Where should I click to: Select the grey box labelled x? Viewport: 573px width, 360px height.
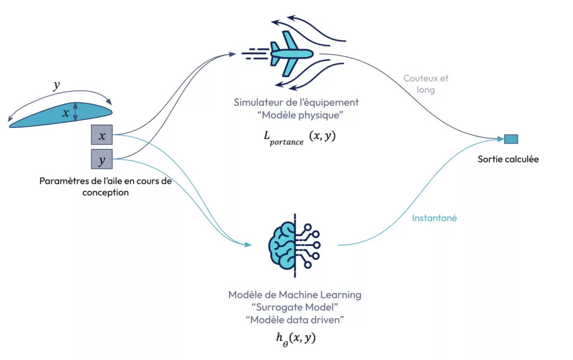coord(102,136)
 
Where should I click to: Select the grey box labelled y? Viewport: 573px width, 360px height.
coord(102,160)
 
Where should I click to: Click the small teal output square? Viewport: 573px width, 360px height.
coord(511,139)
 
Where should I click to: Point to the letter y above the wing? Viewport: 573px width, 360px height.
coord(57,85)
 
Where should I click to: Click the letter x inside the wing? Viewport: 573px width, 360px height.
coord(66,113)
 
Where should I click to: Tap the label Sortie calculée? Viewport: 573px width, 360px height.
coord(508,159)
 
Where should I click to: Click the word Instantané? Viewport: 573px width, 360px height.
coord(435,218)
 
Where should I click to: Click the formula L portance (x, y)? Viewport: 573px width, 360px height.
coord(300,137)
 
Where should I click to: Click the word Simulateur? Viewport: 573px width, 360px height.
coord(258,102)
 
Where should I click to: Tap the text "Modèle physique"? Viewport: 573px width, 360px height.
coord(298,115)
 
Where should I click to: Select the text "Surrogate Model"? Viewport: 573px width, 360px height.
coord(295,307)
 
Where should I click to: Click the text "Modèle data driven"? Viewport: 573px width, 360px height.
coord(295,320)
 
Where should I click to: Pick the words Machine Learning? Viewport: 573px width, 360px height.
coord(325,294)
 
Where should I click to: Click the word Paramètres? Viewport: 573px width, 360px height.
coord(62,181)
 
